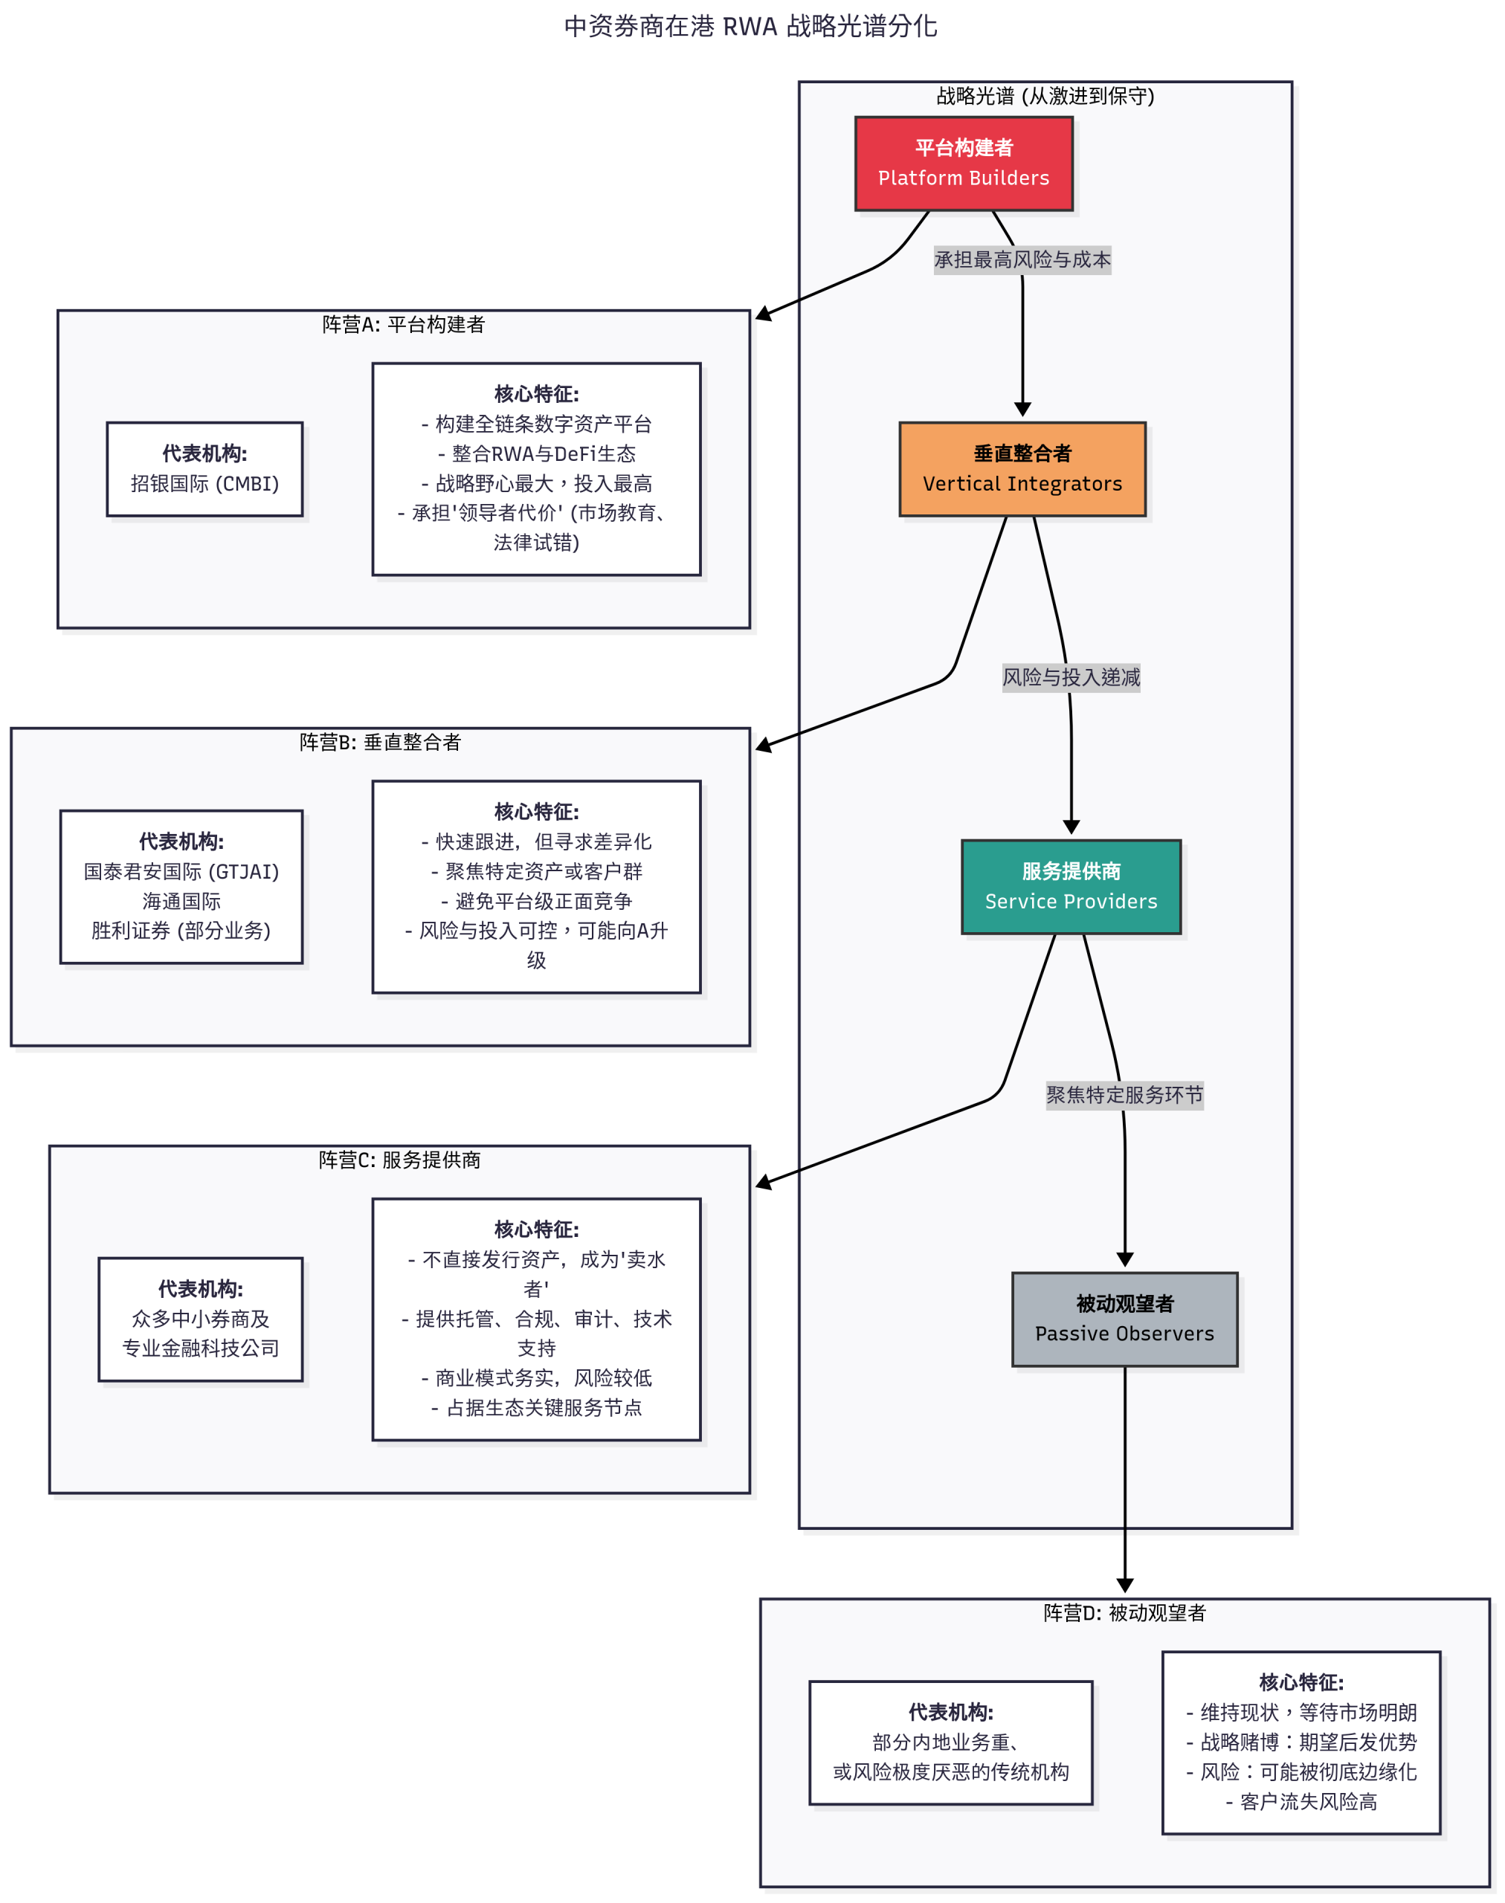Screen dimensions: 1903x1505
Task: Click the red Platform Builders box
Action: (x=963, y=163)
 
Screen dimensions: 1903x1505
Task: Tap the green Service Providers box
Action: (x=1070, y=886)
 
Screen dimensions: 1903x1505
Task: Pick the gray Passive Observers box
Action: (x=1124, y=1318)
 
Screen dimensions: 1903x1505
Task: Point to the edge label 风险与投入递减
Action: (x=1070, y=677)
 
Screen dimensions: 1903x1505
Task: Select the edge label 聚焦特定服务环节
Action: (x=1124, y=1095)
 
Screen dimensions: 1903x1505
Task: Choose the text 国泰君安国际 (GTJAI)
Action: (x=181, y=871)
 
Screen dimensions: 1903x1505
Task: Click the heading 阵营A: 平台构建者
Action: (x=403, y=324)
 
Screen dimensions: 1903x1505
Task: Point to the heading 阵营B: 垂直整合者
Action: (x=380, y=742)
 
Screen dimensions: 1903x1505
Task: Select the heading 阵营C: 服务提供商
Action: (x=399, y=1160)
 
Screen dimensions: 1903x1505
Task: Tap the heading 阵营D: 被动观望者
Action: (x=1124, y=1612)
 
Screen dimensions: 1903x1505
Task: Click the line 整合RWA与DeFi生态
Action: (x=537, y=453)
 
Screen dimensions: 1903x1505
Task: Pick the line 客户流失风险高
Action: (x=1301, y=1802)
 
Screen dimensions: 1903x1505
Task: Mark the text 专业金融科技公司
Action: (x=200, y=1348)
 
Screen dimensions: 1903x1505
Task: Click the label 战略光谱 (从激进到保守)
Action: (x=1044, y=96)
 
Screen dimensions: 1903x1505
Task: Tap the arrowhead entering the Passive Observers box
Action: (x=1124, y=1260)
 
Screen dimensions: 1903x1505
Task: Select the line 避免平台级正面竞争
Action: (x=537, y=901)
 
